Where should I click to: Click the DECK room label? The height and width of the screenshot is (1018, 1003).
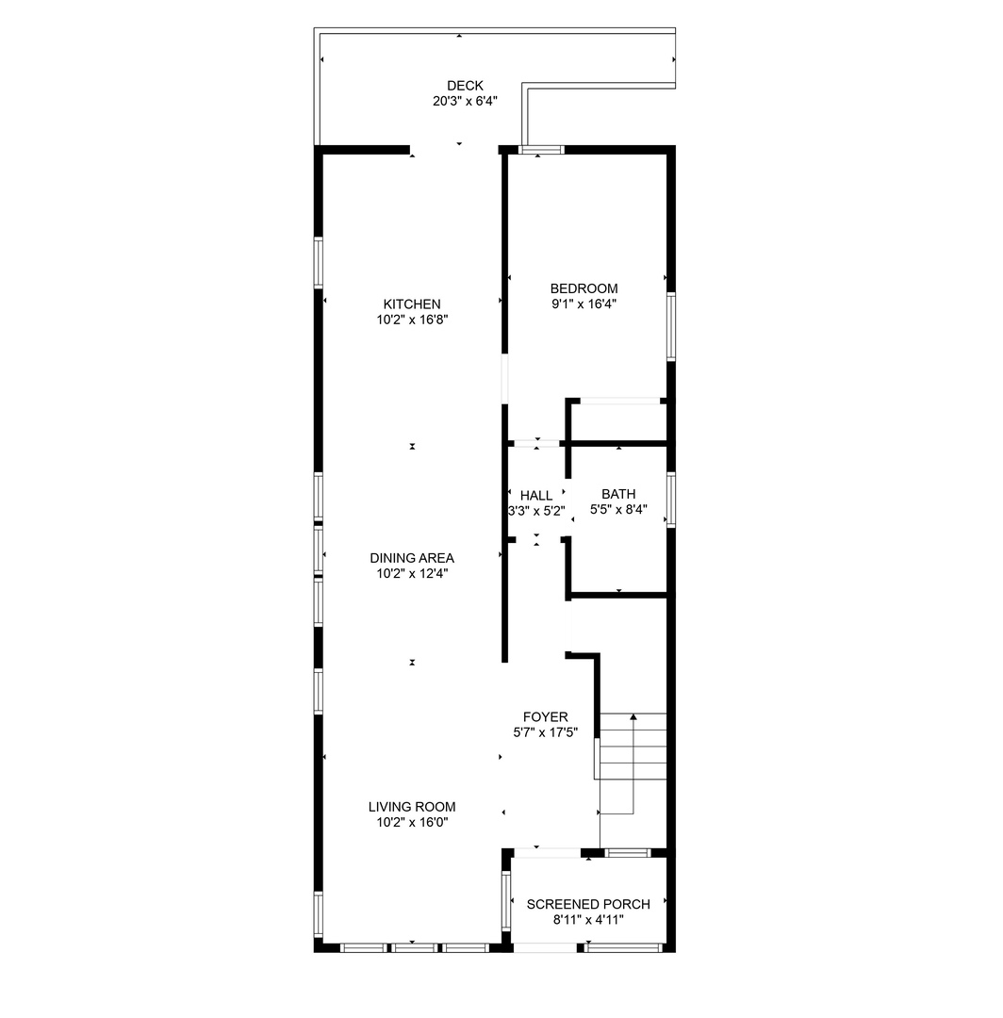(x=465, y=86)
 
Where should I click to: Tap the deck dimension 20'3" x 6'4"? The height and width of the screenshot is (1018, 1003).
(x=465, y=101)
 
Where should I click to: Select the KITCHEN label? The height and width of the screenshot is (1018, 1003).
(x=411, y=304)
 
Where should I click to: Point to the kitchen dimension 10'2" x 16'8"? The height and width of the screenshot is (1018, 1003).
(x=411, y=320)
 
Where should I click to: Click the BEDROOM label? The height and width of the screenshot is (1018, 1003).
(x=584, y=288)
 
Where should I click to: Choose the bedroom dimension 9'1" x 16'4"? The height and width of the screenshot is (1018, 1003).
(x=584, y=304)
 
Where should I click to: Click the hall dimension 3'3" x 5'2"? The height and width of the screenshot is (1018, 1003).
(x=536, y=511)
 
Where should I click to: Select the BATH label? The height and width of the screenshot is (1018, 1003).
(x=618, y=494)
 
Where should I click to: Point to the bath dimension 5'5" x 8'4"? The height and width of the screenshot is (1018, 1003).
(x=618, y=509)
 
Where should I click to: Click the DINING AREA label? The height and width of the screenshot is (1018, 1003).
(x=411, y=558)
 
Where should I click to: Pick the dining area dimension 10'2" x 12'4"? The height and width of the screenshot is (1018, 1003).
(x=411, y=573)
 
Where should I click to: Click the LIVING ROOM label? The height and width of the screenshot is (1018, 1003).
(x=411, y=807)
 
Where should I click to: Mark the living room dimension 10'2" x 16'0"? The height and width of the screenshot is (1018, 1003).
(x=411, y=822)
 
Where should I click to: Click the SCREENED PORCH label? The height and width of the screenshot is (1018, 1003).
(x=588, y=904)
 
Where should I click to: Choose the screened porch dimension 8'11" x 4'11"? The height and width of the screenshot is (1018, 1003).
(x=588, y=919)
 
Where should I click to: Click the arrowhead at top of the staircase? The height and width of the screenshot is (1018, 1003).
(x=633, y=717)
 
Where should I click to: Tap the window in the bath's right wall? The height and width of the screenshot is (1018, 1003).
(x=671, y=499)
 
